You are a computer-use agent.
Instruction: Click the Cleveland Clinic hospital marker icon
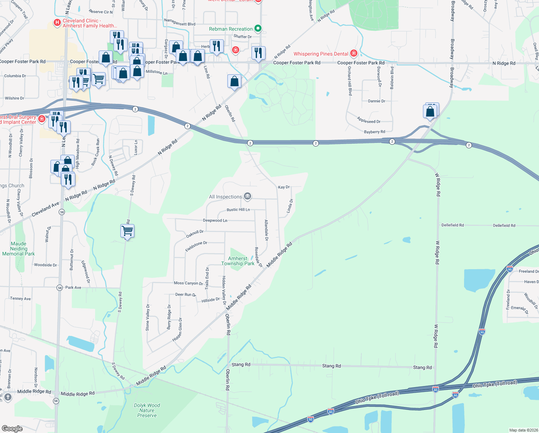[57, 23]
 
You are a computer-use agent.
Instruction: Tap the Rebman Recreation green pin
[258, 29]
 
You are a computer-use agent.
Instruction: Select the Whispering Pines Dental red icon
[354, 53]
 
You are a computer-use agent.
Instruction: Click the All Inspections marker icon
[247, 196]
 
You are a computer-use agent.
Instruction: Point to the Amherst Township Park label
[238, 261]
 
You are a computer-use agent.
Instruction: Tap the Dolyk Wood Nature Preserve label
[147, 410]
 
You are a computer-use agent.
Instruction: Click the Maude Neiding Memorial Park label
[18, 249]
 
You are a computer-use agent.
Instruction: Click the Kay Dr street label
[284, 187]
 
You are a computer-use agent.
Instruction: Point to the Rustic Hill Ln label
[238, 210]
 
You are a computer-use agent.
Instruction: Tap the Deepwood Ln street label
[215, 220]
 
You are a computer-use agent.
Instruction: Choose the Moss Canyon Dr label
[188, 283]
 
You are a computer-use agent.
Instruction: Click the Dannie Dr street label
[377, 101]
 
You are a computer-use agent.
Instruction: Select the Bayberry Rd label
[374, 132]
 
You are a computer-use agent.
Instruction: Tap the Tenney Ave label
[21, 299]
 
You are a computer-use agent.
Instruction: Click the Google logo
[12, 429]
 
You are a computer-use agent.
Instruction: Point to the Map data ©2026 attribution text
[522, 430]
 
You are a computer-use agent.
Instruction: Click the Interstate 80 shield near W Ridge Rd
[436, 389]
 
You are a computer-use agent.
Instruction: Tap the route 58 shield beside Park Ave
[59, 288]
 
